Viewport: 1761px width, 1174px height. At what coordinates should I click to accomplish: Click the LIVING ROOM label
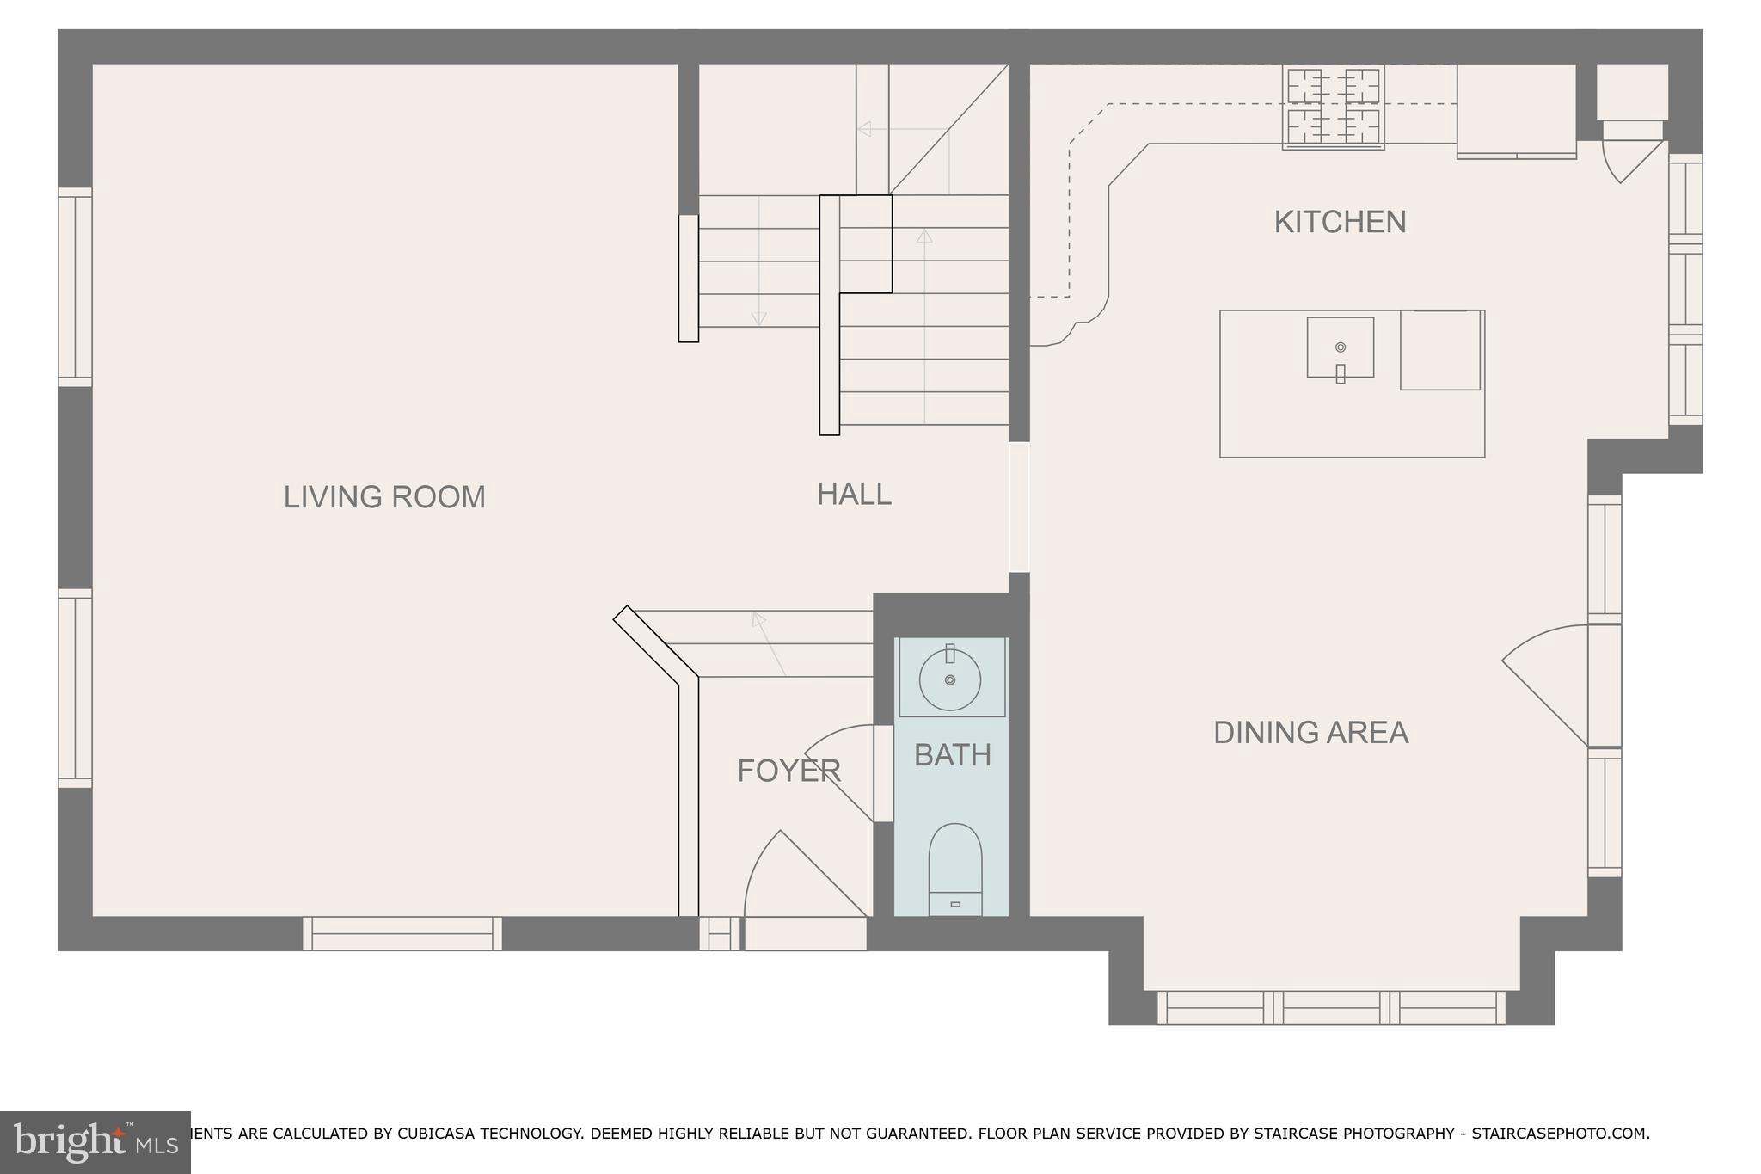pyautogui.click(x=384, y=497)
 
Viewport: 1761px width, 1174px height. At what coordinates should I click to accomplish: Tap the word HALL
pyautogui.click(x=854, y=494)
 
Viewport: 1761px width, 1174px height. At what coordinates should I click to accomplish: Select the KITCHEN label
pyautogui.click(x=1340, y=222)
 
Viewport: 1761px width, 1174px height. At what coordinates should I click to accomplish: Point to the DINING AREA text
pyautogui.click(x=1310, y=732)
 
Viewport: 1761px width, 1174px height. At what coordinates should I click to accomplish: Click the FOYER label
pyautogui.click(x=788, y=771)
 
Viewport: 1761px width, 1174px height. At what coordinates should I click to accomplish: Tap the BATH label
pyautogui.click(x=952, y=755)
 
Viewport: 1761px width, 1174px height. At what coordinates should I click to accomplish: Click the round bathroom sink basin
pyautogui.click(x=949, y=679)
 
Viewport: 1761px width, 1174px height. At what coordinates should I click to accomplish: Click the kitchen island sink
pyautogui.click(x=1340, y=347)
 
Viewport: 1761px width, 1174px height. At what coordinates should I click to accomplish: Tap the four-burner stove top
pyautogui.click(x=1333, y=107)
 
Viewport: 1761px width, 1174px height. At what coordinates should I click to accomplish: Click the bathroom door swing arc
pyautogui.click(x=834, y=765)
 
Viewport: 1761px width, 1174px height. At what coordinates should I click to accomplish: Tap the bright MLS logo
pyautogui.click(x=95, y=1142)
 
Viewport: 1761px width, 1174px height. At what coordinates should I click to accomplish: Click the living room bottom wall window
pyautogui.click(x=402, y=933)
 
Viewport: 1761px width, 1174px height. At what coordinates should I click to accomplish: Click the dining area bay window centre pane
pyautogui.click(x=1331, y=1007)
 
